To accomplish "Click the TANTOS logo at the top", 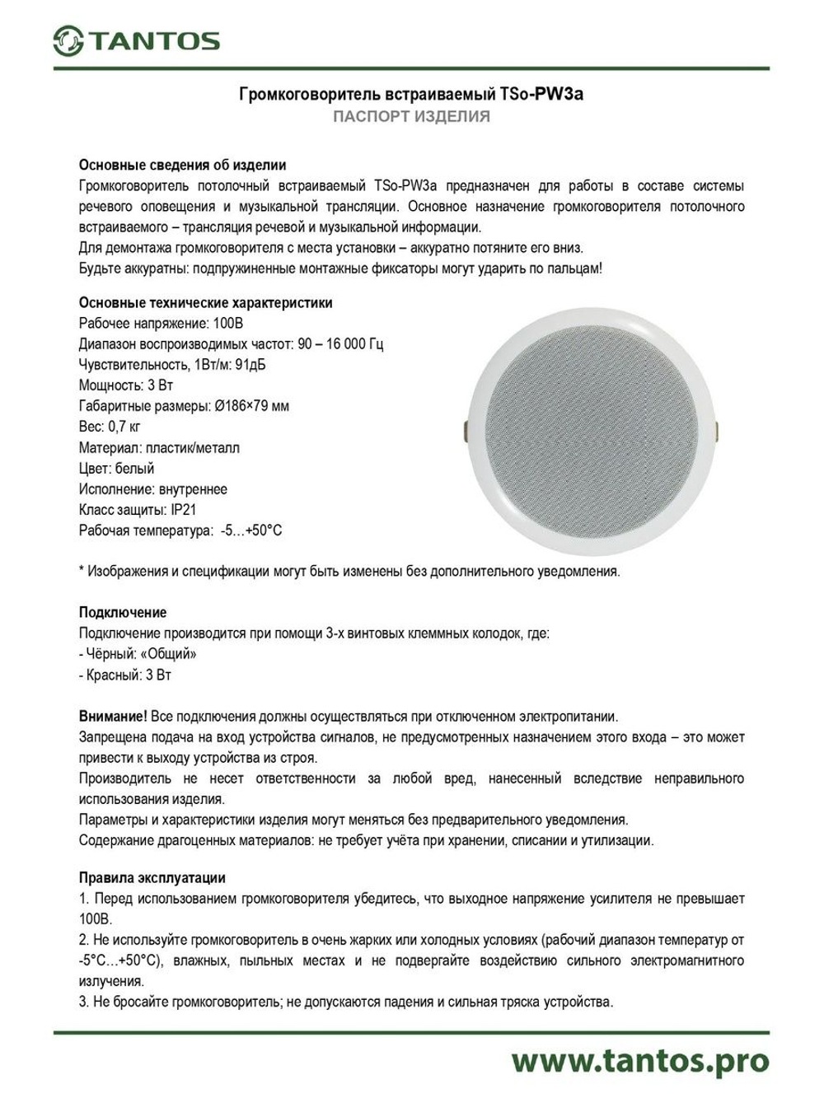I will coord(137,41).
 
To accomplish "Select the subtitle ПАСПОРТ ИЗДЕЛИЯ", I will coord(411,117).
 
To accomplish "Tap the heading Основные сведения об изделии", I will coord(182,165).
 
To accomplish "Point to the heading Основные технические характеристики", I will coord(205,302).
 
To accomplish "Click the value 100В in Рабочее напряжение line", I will coord(227,323).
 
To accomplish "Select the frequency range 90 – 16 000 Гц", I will coord(339,343).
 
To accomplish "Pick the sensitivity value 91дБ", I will coord(250,364).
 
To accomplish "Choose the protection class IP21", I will coord(184,510).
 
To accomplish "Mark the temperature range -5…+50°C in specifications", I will coord(251,530).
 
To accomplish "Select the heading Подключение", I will coord(122,612).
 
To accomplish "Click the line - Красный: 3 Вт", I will coord(125,675).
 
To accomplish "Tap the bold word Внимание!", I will coord(113,717).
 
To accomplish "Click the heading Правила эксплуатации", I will coord(152,878).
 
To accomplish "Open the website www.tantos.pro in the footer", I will coord(639,1061).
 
